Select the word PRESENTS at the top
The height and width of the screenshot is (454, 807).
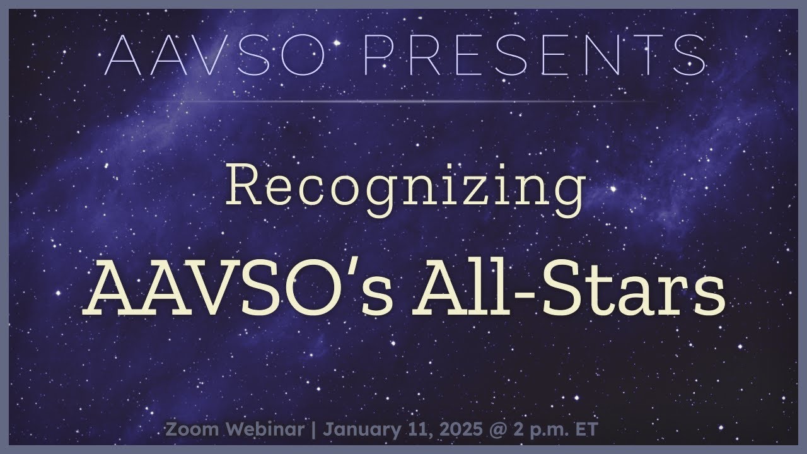535,55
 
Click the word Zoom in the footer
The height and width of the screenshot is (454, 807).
189,430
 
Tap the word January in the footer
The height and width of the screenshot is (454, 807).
359,430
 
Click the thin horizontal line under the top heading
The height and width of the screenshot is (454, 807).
403,101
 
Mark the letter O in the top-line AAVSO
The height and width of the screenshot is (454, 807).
308,55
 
